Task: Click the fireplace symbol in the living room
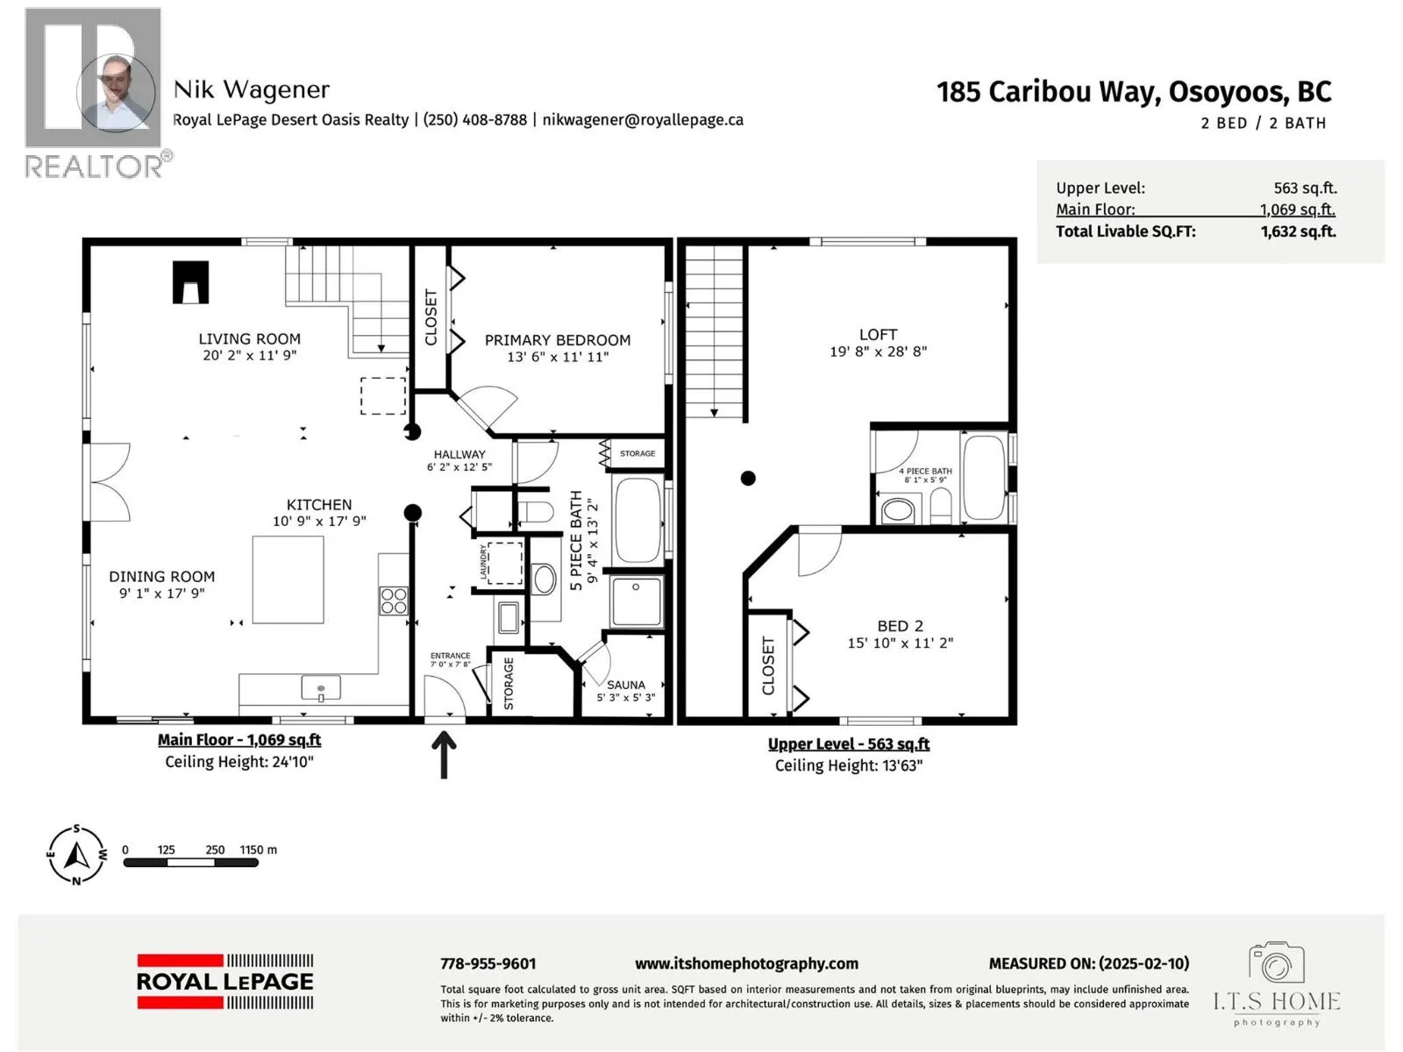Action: [190, 281]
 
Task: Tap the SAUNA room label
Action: [626, 684]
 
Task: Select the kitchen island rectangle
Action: [288, 579]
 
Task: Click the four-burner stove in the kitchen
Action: [394, 601]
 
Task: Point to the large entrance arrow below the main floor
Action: [444, 755]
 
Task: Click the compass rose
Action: [76, 856]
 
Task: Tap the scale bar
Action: [190, 863]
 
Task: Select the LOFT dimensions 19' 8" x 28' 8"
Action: [879, 352]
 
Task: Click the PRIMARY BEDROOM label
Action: [558, 340]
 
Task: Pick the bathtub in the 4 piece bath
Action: [985, 477]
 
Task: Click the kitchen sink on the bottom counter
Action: [321, 688]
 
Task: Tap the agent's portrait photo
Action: [116, 93]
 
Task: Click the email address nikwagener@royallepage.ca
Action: [643, 120]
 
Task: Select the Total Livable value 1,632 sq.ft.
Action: [1298, 231]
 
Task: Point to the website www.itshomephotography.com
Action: [746, 963]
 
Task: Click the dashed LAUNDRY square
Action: [505, 563]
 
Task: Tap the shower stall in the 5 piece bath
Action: [637, 601]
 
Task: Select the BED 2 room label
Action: [900, 626]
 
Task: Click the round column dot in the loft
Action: [748, 478]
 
